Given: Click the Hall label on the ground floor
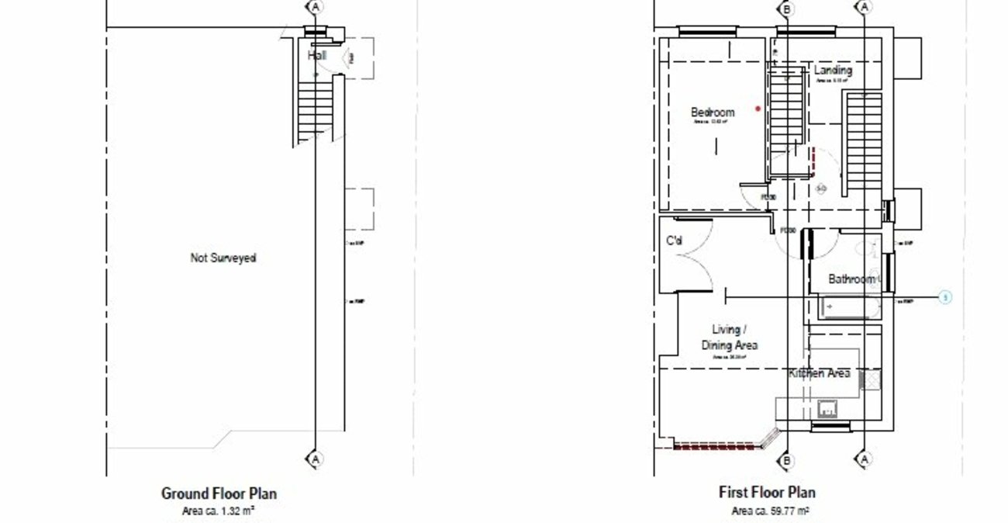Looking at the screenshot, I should click(316, 56).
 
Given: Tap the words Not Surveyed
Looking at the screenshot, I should click(223, 258).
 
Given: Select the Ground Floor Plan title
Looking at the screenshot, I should click(219, 494).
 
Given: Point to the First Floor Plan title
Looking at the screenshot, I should click(767, 493).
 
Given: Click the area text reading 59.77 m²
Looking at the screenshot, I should click(770, 511).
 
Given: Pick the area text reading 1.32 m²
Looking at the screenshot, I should click(219, 511).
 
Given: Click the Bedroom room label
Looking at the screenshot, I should click(713, 113).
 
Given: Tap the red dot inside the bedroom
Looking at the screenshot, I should click(758, 109).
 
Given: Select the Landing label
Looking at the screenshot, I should click(834, 71).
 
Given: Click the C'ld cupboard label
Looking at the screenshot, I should click(675, 241).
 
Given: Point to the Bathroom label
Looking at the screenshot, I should click(851, 279).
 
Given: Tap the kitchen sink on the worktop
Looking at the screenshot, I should click(827, 409).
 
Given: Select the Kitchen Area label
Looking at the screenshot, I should click(819, 374).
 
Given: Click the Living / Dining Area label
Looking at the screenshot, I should click(729, 338).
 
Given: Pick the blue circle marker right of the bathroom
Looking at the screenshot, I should click(945, 297).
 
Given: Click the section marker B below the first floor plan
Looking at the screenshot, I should click(787, 460).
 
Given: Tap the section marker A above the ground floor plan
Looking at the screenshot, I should click(315, 7).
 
